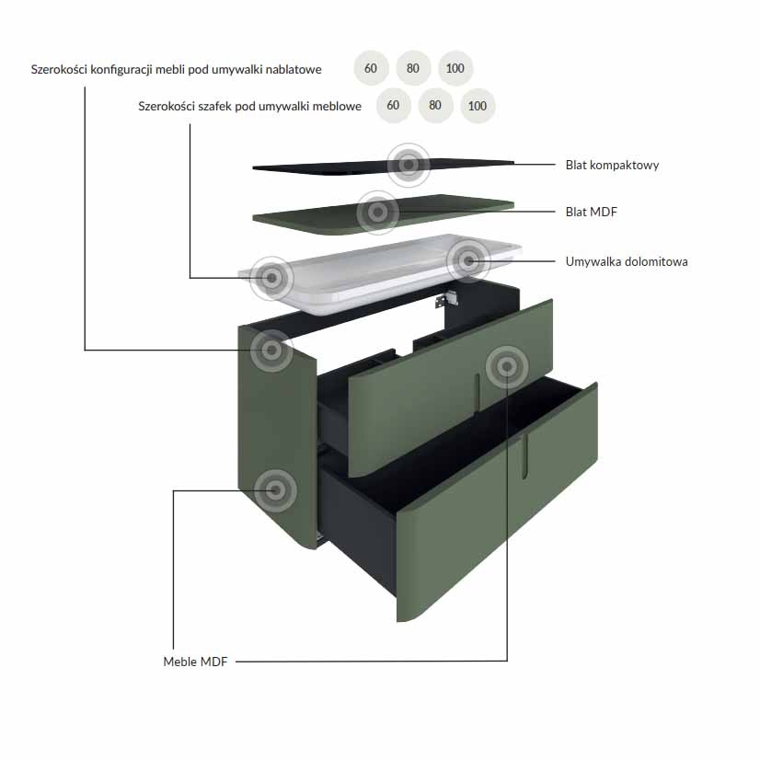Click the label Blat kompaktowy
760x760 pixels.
612,166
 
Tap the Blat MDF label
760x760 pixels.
591,212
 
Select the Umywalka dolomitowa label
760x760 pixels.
627,261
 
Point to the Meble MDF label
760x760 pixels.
195,662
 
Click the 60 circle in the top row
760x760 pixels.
371,68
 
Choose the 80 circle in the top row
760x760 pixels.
413,68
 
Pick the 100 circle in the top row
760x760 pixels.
455,68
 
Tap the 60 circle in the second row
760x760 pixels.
393,105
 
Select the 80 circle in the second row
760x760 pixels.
435,105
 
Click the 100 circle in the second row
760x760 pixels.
478,106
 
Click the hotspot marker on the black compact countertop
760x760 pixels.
409,165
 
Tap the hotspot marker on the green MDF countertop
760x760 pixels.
378,212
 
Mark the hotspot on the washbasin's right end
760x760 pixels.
468,261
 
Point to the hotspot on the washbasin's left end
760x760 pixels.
272,278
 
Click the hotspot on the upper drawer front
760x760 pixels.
507,367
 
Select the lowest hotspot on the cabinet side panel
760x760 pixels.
275,490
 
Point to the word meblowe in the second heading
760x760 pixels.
337,106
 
